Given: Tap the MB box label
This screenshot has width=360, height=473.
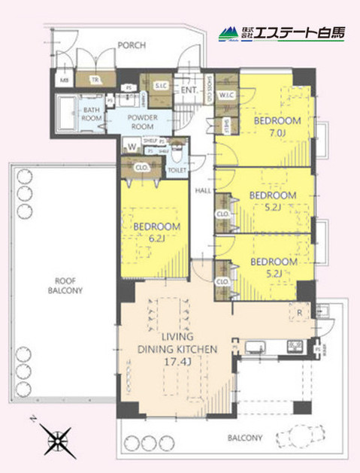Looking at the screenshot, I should coord(65,80).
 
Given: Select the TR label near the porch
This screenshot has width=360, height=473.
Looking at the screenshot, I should coord(95,80).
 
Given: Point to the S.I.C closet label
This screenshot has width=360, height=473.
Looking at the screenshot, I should coord(160,86).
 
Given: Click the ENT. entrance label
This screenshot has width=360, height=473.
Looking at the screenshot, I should coord(189,92).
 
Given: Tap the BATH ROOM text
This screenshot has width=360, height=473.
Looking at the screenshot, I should coord(91,114).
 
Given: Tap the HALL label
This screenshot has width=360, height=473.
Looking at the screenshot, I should coord(202,191).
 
